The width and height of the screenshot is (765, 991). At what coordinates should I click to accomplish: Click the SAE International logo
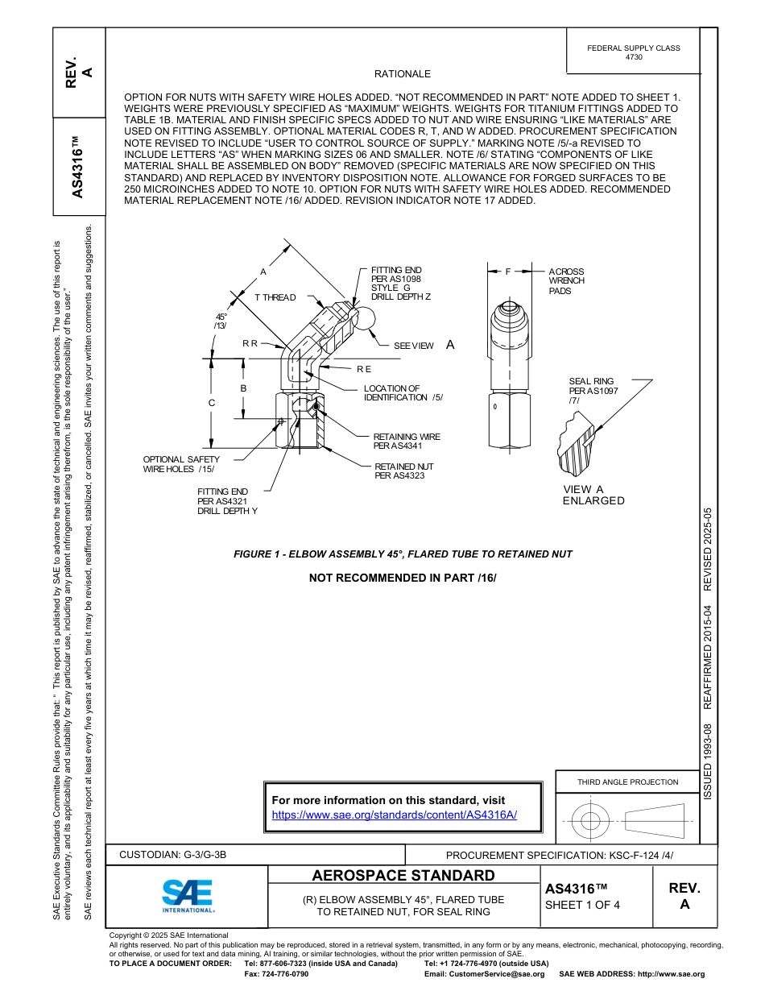pos(187,895)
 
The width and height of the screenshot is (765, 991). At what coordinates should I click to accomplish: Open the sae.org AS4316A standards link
pos(394,815)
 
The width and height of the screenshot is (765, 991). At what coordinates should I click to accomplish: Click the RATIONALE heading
pos(403,73)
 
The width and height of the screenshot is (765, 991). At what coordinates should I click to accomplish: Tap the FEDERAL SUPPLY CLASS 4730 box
pos(633,52)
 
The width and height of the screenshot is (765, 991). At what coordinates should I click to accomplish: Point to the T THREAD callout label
pos(275,297)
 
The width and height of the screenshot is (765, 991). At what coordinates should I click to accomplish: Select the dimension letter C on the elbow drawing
pos(211,402)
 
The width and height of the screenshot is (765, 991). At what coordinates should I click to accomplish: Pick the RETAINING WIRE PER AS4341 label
pos(407,441)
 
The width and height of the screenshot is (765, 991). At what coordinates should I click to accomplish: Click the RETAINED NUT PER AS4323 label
pos(404,471)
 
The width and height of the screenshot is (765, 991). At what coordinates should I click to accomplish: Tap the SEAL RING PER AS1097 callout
pos(591,391)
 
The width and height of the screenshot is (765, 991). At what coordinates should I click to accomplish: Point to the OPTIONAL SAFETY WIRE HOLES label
pos(181,464)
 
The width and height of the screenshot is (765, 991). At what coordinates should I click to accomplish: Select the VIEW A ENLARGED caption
pos(593,495)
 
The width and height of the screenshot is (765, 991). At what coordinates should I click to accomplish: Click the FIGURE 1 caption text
pos(403,554)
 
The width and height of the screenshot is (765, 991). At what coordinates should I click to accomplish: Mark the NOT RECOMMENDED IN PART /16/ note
pos(403,578)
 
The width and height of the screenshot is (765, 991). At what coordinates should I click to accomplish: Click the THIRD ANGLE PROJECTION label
pos(627,782)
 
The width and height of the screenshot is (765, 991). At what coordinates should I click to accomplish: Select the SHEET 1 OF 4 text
pos(582,904)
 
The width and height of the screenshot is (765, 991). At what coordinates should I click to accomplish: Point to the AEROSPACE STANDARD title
pos(403,876)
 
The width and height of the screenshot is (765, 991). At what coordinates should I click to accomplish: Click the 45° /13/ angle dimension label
pos(220,321)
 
